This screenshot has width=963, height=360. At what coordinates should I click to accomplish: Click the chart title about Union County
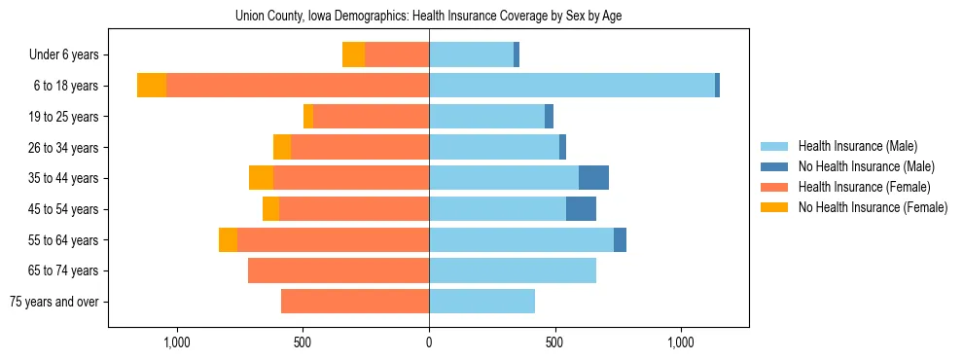[429, 17]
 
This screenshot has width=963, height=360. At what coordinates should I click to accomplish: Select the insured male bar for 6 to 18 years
[572, 86]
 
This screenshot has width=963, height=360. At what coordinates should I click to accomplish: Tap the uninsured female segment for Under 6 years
[353, 54]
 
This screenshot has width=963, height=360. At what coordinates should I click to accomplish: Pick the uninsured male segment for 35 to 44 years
[593, 178]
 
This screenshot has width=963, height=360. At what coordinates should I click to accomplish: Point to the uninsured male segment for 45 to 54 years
[581, 209]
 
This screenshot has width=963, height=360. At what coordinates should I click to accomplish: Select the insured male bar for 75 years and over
[481, 302]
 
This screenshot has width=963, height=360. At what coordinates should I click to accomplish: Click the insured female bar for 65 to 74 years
[339, 270]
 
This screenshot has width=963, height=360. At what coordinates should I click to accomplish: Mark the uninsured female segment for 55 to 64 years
[228, 240]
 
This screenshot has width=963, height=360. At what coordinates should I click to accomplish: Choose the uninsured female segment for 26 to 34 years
[282, 147]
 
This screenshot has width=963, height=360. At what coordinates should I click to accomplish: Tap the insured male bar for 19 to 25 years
[486, 117]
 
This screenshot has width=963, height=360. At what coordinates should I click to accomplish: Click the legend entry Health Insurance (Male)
[857, 146]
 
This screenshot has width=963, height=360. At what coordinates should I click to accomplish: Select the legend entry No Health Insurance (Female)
[873, 207]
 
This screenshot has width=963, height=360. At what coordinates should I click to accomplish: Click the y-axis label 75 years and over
[53, 302]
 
